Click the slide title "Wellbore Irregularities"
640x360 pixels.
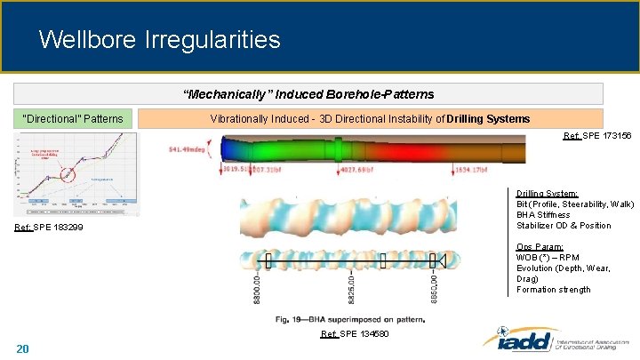[160, 40]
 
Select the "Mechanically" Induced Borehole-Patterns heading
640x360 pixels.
[308, 94]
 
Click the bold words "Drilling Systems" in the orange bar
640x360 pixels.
[488, 118]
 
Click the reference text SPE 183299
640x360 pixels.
[50, 228]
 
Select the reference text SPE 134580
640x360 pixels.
[354, 333]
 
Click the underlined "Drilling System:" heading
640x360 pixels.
[548, 193]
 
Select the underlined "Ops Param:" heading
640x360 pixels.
[539, 247]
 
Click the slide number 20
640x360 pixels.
[23, 348]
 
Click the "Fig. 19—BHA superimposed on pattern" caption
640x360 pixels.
[350, 318]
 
